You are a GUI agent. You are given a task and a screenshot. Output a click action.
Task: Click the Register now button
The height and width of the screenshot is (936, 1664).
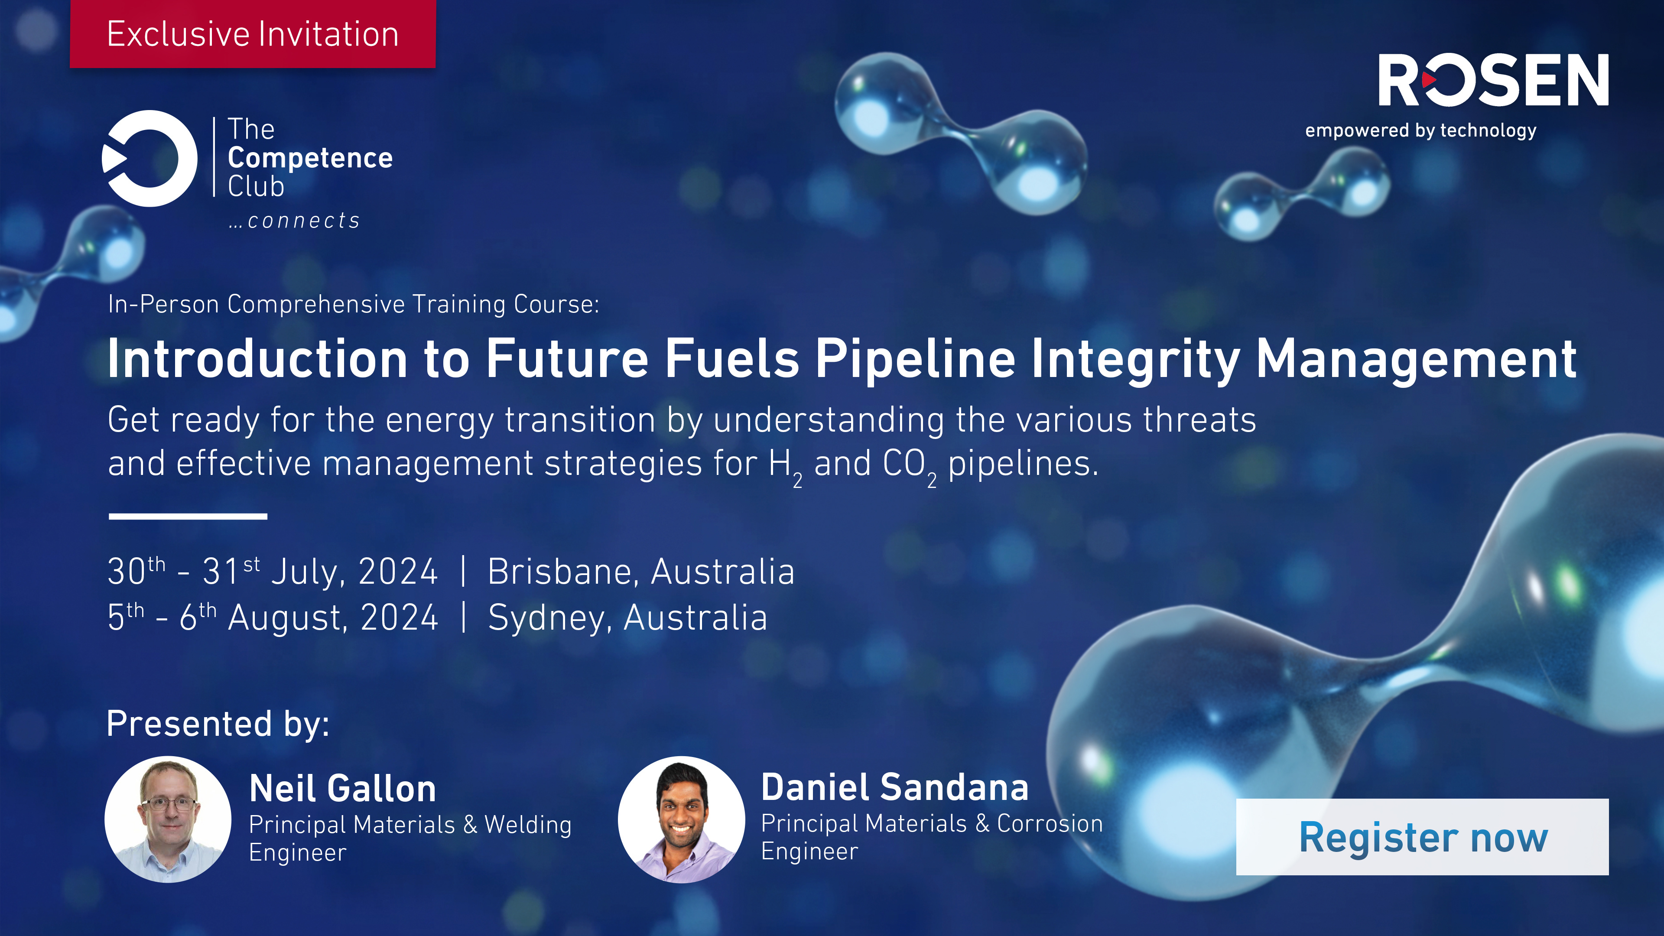tap(1422, 837)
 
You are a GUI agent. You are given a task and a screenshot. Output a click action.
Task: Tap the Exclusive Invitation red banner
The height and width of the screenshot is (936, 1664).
tap(253, 34)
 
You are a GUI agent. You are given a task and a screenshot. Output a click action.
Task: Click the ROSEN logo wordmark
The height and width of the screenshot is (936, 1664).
tap(1493, 80)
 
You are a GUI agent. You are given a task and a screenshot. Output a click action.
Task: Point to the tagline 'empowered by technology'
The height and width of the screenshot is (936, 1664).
tap(1420, 130)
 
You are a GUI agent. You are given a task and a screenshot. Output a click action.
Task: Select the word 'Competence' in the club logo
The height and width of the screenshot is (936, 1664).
tap(310, 158)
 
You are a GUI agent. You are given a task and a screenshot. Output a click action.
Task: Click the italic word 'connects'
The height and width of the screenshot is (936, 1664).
tap(304, 221)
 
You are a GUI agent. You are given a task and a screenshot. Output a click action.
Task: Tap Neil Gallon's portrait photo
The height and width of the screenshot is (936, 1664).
tap(168, 819)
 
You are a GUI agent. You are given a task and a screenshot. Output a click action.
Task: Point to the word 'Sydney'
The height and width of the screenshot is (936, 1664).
tap(549, 618)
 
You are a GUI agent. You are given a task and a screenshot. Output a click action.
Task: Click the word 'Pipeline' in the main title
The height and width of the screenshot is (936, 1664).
tap(915, 359)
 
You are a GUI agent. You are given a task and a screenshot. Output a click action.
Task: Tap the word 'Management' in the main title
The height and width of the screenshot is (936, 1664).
tap(1416, 359)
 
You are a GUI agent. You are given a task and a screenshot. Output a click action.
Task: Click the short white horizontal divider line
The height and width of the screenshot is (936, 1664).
tap(188, 516)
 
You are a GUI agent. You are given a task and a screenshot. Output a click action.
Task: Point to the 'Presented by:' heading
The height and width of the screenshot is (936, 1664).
tap(218, 724)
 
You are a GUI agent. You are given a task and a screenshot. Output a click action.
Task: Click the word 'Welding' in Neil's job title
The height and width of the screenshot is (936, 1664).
tap(528, 825)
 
